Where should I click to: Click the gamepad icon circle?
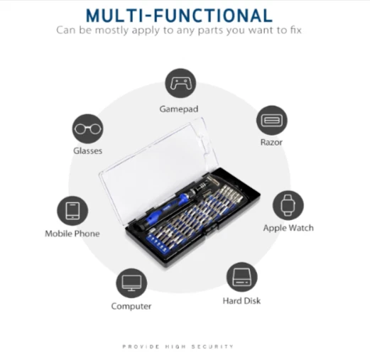pos(180,83)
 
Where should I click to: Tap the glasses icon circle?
pos(87,129)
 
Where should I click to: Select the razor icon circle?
pos(272,120)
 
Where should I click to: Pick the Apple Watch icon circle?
pos(288,205)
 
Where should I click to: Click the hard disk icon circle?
pos(241,277)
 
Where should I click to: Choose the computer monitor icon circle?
pos(131,283)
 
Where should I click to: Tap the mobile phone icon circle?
pos(72,211)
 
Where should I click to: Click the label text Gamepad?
pos(179,109)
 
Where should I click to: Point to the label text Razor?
pos(271,142)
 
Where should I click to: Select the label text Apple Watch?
pos(288,228)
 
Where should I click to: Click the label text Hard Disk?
pos(241,301)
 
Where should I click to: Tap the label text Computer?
pos(131,306)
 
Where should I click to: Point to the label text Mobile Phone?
pos(72,234)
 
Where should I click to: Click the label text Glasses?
pos(87,151)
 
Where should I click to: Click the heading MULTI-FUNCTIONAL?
pos(179,16)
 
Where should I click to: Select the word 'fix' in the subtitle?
pos(295,30)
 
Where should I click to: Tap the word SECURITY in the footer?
pos(212,347)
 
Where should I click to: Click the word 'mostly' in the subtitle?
pos(111,31)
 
